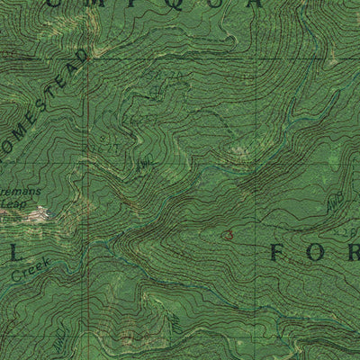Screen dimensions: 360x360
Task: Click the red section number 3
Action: [229, 235]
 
